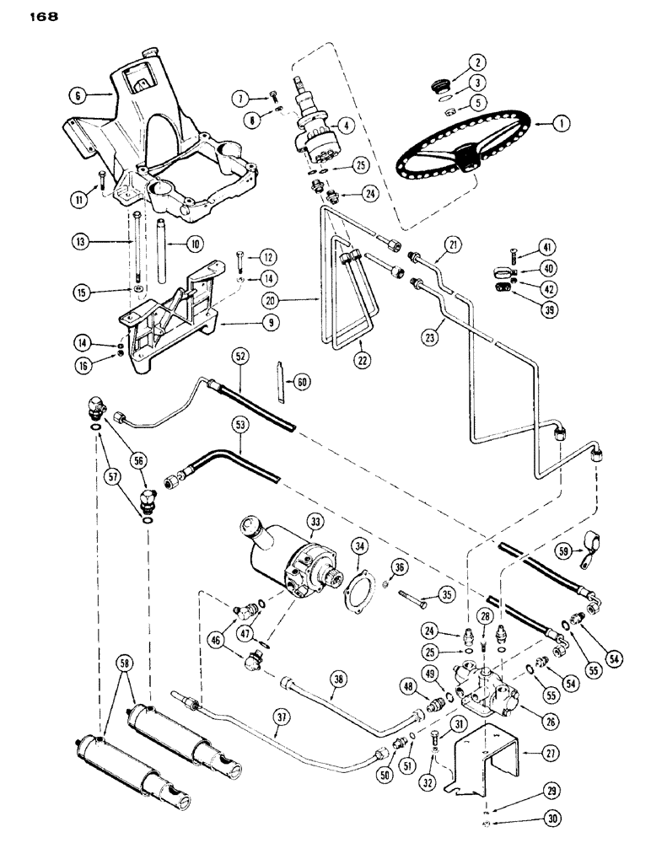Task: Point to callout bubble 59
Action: [x=564, y=553]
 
